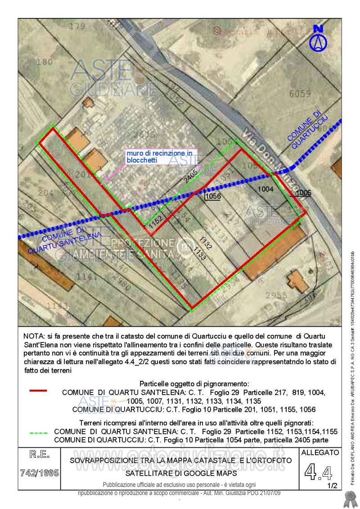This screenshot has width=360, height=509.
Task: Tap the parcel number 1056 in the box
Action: (212, 196)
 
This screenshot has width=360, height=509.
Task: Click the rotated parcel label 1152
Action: (155, 222)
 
